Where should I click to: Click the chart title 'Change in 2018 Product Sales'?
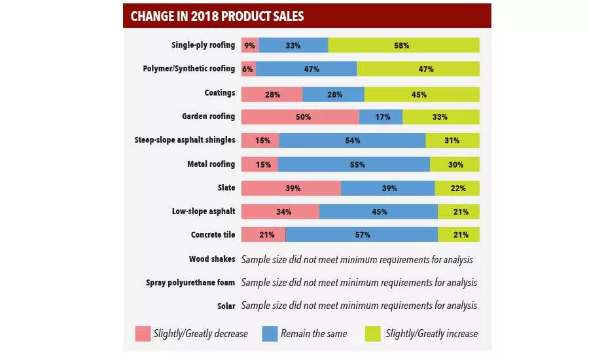pos(217,16)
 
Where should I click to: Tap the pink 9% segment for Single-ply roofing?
pos(249,45)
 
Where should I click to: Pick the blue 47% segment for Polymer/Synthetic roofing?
pos(306,69)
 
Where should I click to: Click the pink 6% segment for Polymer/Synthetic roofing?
pos(248,69)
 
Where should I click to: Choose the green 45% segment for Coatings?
pos(421,94)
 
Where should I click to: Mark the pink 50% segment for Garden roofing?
pos(300,117)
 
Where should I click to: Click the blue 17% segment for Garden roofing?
pos(381,117)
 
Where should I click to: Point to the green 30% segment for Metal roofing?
pos(455,164)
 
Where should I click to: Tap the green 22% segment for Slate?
pos(457,188)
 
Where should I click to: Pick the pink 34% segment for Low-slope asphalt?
pos(280,211)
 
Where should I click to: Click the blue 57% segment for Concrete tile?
pos(362,234)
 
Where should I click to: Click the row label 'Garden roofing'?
pos(208,117)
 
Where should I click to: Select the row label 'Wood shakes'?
pos(211,259)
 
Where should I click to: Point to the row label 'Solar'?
pos(226,306)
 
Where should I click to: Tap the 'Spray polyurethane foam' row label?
pos(190,283)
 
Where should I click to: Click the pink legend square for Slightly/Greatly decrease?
pos(143,333)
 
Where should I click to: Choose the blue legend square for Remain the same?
pos(270,333)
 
